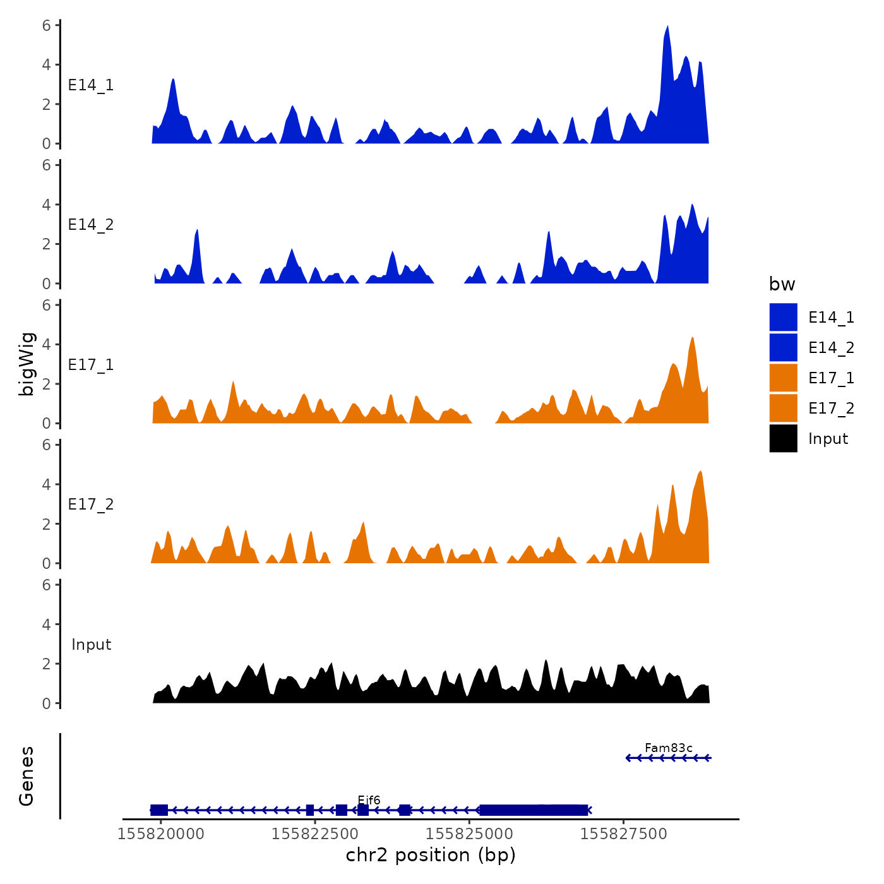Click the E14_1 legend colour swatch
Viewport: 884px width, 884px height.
(783, 317)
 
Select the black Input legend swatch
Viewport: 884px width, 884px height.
(783, 438)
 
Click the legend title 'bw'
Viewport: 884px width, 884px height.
(782, 284)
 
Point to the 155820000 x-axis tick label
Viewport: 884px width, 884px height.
(161, 834)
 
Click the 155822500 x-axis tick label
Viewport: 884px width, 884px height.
(315, 834)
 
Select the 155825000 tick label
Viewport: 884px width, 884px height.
(469, 834)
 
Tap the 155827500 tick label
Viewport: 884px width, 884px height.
(623, 834)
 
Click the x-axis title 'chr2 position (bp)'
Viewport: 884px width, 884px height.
(431, 855)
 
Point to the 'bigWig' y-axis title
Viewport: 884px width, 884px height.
(27, 364)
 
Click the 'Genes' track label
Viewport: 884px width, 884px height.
(27, 776)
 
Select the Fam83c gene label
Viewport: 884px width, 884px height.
(668, 748)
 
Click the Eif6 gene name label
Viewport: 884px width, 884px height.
(369, 801)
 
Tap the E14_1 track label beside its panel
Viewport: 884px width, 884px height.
(91, 85)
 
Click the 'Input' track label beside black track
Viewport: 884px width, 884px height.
(91, 645)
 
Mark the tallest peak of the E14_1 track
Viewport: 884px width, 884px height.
(667, 28)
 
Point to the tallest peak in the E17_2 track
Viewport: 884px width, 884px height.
(700, 472)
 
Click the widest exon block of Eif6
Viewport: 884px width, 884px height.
(534, 810)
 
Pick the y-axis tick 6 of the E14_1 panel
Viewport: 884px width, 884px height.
(47, 26)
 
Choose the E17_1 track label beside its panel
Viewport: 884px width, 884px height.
(91, 365)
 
